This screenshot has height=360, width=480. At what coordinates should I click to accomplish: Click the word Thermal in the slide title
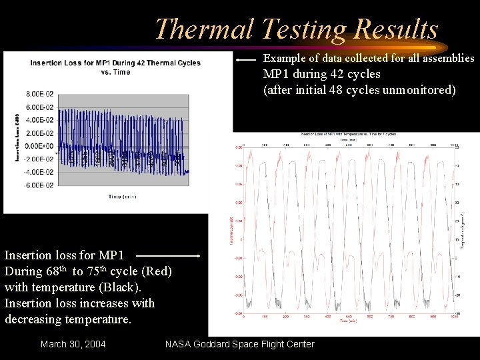tap(204, 29)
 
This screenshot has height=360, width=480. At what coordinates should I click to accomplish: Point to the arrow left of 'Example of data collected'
tap(247, 59)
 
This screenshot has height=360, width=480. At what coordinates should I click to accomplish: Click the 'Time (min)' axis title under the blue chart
tap(125, 196)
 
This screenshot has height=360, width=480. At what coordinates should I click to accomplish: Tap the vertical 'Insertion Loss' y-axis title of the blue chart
tap(17, 137)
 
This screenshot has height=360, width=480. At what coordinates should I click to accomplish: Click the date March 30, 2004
tap(73, 344)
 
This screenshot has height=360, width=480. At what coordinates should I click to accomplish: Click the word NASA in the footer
tap(180, 344)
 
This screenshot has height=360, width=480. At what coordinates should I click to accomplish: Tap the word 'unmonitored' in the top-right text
tap(421, 89)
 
